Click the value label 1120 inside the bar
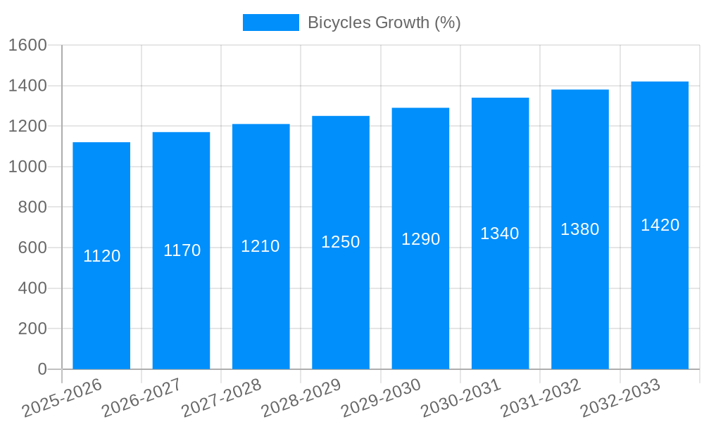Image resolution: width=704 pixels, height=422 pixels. coord(102,256)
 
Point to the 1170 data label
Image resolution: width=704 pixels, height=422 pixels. coord(182,250)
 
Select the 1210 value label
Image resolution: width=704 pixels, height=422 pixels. coord(260,246)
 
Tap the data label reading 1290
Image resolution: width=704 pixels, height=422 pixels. coord(420,239)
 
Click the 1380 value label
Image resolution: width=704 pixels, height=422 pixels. coord(579,229)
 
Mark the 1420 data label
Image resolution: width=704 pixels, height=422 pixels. coord(660,225)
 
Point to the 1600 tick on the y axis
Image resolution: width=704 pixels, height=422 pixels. coord(27,46)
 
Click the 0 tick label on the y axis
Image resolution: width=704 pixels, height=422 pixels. coord(42,369)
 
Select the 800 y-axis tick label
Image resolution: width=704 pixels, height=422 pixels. coord(32,207)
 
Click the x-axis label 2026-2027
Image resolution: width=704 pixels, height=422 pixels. coord(142,398)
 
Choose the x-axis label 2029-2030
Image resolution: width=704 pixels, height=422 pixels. coord(381,398)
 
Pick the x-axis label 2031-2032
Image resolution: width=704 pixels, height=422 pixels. coord(541,398)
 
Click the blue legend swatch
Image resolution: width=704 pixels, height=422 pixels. coord(271,23)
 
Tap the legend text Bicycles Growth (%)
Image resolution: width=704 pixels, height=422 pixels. coord(384,23)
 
